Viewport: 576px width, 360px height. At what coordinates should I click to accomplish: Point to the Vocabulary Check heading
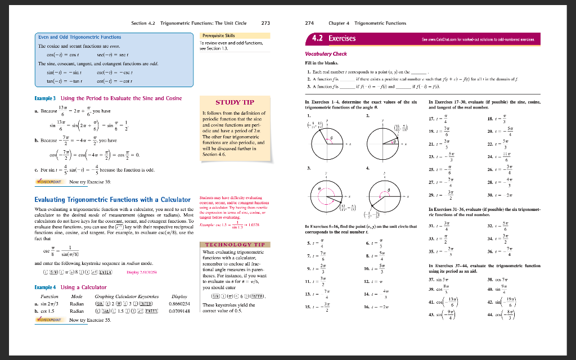click(326, 54)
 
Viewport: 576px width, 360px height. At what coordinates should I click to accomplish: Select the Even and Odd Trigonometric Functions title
click(79, 37)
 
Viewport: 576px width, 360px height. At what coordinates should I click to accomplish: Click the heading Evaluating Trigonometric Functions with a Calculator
click(112, 200)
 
